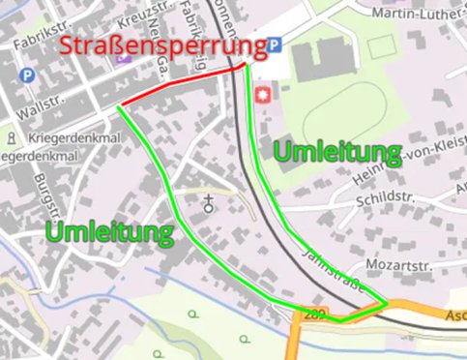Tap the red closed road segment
(179, 86)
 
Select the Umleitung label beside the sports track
(336, 151)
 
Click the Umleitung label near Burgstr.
(108, 232)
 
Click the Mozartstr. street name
(396, 264)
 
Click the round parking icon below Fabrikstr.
(27, 75)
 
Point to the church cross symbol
(208, 203)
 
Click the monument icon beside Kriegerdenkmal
(10, 137)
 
